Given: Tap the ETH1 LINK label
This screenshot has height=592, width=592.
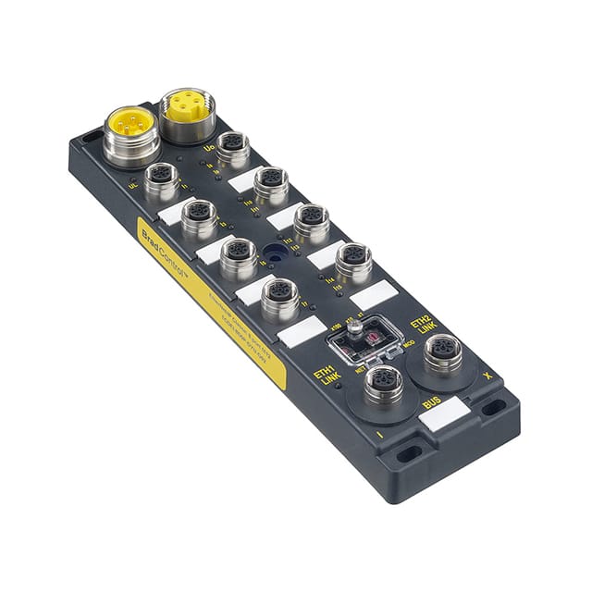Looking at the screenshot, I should click(330, 382).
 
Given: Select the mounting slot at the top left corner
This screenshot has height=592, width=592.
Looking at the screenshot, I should click(90, 139).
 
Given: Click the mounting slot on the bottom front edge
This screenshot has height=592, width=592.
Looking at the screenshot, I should click(408, 453).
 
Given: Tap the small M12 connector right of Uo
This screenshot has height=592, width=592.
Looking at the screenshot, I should click(232, 147).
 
